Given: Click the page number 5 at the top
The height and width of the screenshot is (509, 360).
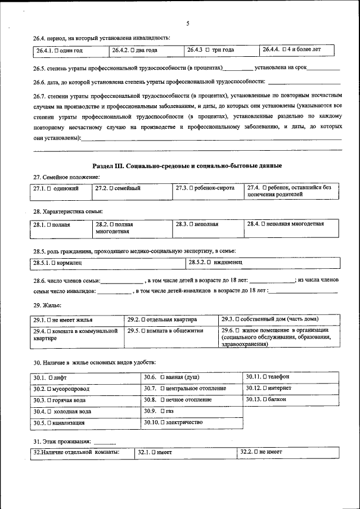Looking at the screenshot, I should click(187, 23).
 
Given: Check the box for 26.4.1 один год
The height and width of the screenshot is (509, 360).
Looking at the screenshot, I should click(57, 51).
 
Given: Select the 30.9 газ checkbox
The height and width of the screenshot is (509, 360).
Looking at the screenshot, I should click(163, 411).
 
